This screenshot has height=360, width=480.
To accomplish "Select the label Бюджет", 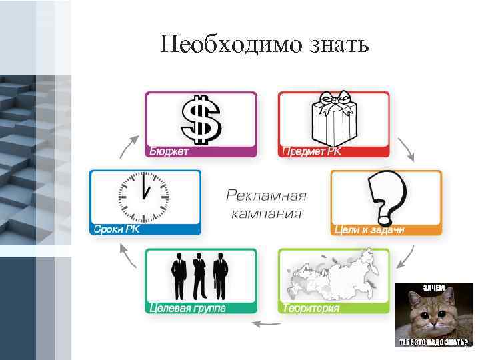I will [169, 151].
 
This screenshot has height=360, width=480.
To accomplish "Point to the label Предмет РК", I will [311, 151].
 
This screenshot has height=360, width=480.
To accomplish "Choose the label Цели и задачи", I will [369, 230].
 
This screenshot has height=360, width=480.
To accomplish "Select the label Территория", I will [311, 308].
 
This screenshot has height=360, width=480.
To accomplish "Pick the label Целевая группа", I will [187, 308].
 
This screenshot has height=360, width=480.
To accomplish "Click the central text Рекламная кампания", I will [266, 204].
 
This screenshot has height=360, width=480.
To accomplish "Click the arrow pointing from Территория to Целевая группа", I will [265, 324].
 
